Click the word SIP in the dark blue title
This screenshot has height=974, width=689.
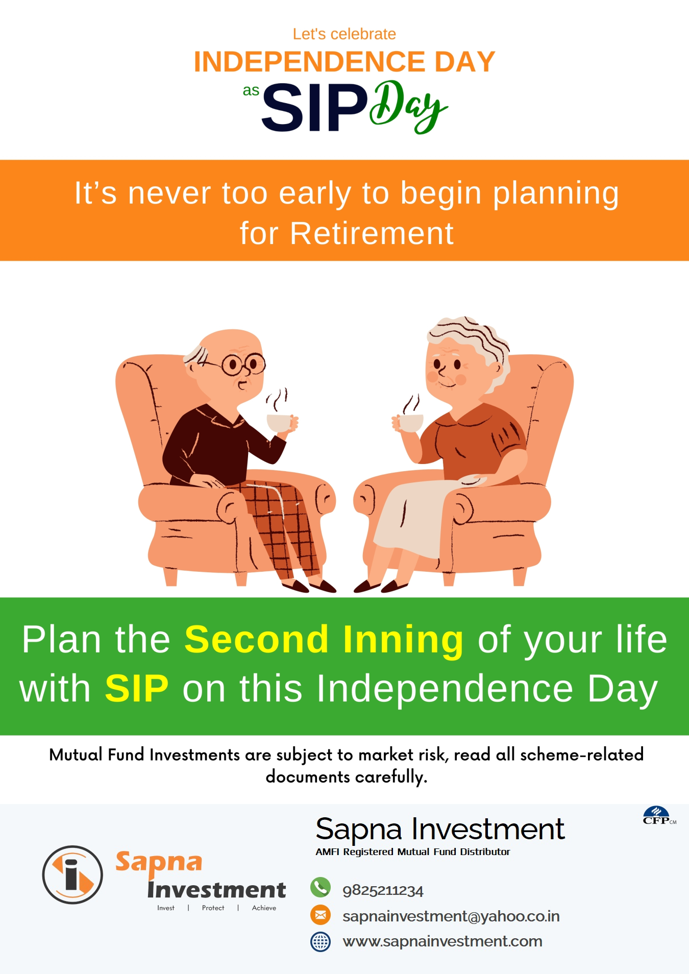click(x=314, y=108)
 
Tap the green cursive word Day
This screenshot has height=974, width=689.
click(x=408, y=106)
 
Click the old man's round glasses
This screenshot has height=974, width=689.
click(x=244, y=364)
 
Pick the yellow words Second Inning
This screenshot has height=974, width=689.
click(x=324, y=639)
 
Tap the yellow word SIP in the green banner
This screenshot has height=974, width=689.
click(x=136, y=688)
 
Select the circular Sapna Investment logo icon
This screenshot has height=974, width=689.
click(x=72, y=874)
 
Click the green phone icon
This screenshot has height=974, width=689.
click(x=321, y=887)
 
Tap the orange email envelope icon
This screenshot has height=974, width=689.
click(x=321, y=915)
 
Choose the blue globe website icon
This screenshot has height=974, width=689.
click(x=321, y=941)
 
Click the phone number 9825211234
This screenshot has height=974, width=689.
click(x=383, y=891)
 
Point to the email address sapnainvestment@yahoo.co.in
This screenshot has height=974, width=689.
click(x=451, y=916)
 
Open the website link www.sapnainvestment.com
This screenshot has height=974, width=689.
click(x=442, y=941)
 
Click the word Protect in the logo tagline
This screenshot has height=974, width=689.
click(x=213, y=908)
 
